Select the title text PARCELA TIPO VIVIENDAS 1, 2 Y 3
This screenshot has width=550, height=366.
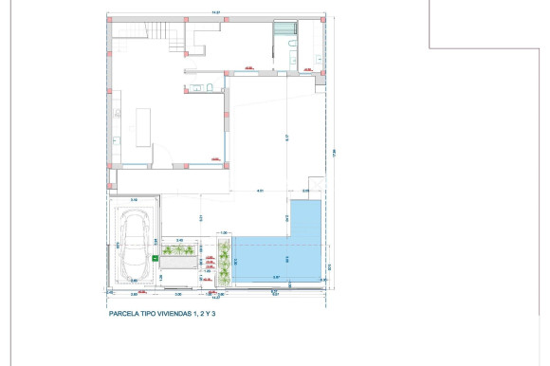[163, 311]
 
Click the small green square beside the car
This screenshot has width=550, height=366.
[155, 256]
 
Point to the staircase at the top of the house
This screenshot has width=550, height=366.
[157, 36]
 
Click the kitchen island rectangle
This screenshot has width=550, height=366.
[144, 127]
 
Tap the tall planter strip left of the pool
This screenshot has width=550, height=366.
[225, 260]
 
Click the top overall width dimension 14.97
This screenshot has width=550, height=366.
[216, 12]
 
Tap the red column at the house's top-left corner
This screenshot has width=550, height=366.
[109, 19]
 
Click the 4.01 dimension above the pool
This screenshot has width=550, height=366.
[260, 192]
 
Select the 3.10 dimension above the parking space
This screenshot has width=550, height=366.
[134, 200]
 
